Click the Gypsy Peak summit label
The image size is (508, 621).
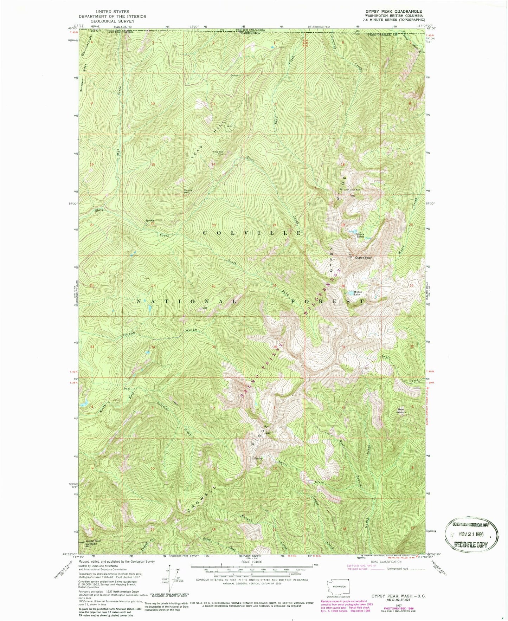(x=364, y=258)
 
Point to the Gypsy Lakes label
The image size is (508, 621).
(x=360, y=235)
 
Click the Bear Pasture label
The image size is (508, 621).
(x=401, y=410)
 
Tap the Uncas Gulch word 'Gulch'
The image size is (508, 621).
(x=191, y=330)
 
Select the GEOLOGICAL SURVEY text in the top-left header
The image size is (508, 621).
(x=112, y=21)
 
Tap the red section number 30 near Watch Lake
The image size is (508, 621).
(x=343, y=286)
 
